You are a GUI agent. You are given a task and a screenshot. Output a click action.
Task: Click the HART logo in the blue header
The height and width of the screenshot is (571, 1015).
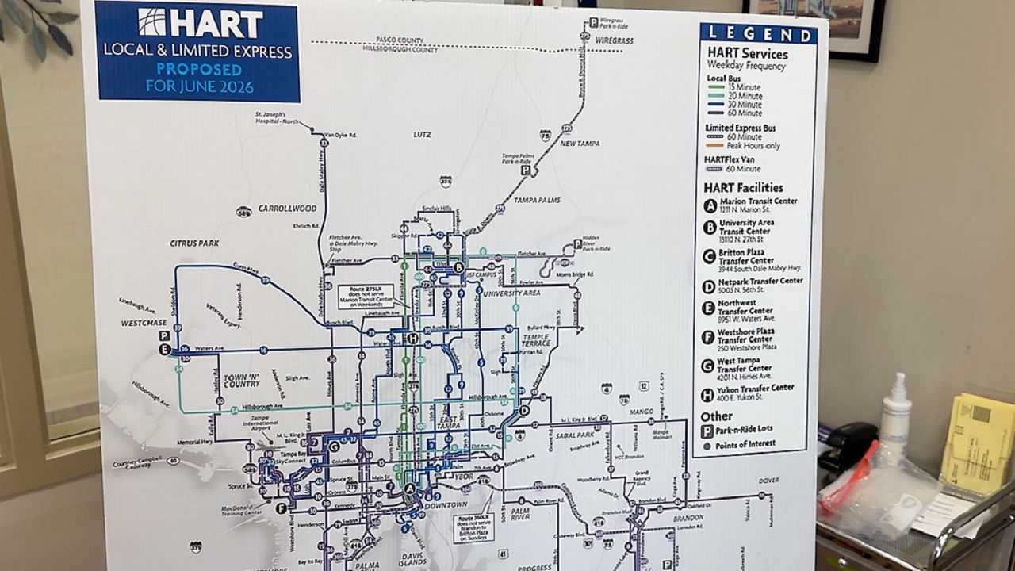[x=199, y=23]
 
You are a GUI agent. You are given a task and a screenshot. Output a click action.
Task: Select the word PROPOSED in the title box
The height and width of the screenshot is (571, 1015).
[x=197, y=69]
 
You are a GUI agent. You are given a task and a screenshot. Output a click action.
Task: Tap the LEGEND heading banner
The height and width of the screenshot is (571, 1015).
[x=758, y=33]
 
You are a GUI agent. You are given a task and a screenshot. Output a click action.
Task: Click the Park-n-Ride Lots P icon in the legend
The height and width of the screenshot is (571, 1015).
[x=707, y=431]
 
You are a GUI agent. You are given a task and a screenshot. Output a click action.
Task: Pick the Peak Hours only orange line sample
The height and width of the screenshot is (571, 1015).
[x=714, y=146]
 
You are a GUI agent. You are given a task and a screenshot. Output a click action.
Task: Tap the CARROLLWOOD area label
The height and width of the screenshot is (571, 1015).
[x=287, y=209]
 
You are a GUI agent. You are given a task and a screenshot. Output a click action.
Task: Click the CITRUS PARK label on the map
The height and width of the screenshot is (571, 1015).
[x=193, y=243]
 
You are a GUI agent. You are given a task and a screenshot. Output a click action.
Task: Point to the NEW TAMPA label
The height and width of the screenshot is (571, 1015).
[x=580, y=144]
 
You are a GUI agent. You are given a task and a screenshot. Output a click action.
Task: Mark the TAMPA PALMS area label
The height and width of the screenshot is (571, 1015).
[x=537, y=200]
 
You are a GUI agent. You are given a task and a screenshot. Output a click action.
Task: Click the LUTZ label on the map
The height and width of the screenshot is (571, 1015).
[x=422, y=135]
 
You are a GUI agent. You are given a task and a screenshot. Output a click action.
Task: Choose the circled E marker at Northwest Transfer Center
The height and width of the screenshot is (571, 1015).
[x=164, y=349]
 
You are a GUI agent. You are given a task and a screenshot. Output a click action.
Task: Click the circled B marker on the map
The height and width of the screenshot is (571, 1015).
[x=458, y=268]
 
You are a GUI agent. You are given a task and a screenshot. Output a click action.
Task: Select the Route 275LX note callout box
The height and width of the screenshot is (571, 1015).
[x=366, y=297]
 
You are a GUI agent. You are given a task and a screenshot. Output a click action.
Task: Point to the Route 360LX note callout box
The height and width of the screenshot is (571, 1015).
[x=473, y=526]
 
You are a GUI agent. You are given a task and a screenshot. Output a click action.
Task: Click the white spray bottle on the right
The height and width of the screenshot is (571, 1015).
[x=895, y=420]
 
